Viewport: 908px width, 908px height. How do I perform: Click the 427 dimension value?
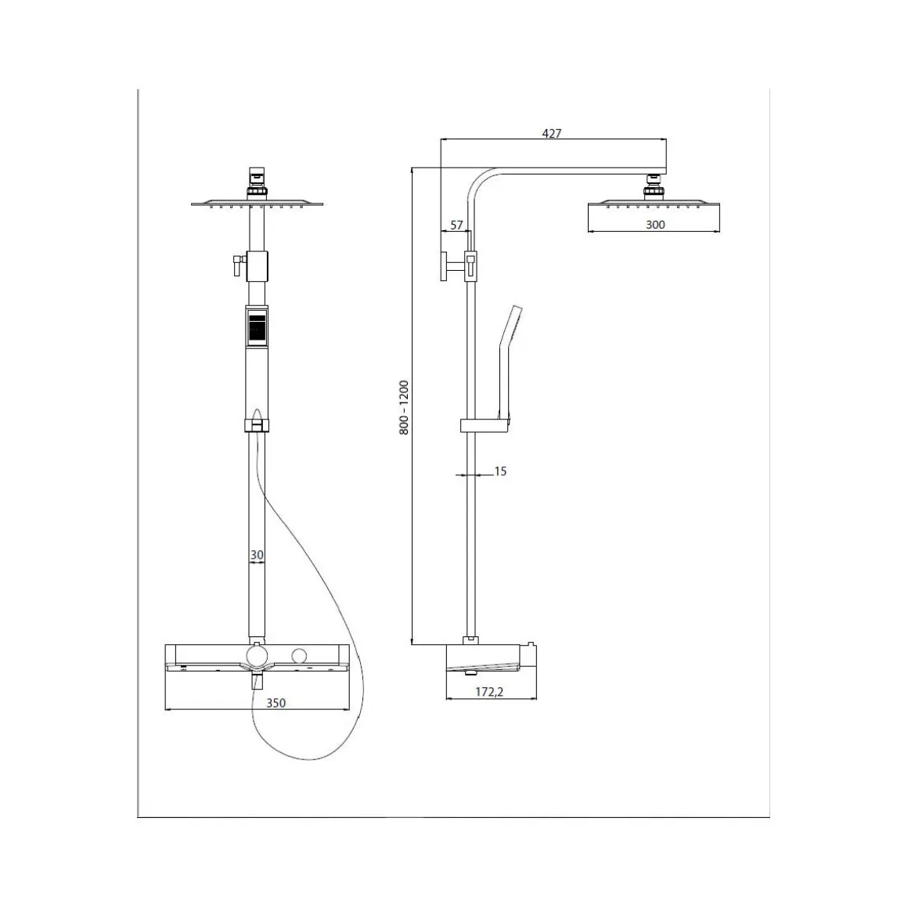tap(551, 133)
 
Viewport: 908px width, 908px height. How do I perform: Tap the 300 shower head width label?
tap(655, 225)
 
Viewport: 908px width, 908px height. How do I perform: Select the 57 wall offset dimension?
tap(456, 225)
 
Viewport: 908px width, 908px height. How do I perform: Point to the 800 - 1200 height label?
tap(404, 408)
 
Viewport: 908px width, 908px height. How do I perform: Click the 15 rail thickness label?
tap(500, 471)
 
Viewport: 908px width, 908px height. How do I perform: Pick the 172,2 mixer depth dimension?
tap(490, 691)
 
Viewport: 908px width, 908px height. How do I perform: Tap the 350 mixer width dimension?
tap(276, 703)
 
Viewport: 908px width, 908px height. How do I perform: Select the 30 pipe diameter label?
tap(257, 555)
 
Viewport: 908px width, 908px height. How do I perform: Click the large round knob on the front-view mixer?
tap(257, 658)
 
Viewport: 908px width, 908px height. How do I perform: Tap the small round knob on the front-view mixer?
tap(299, 657)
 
